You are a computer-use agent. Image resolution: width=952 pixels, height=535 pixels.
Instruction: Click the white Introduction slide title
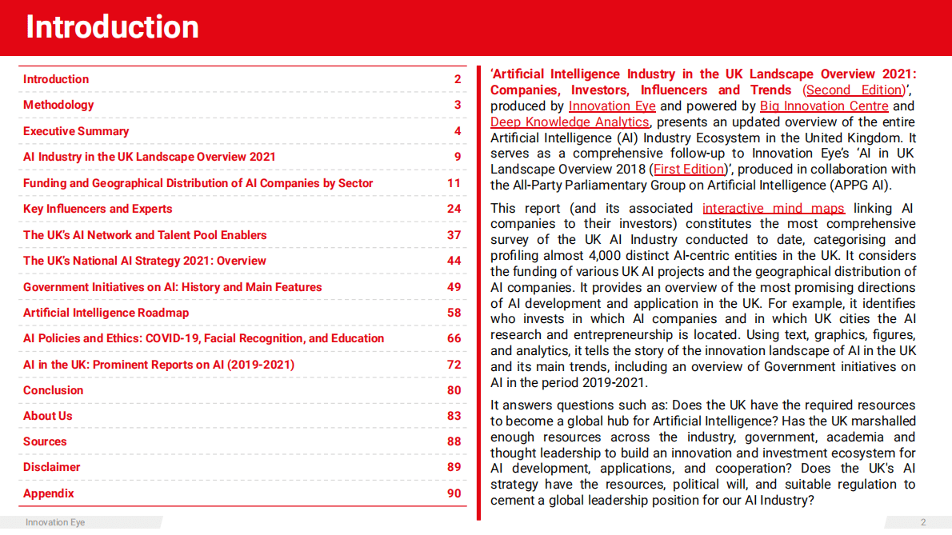(112, 27)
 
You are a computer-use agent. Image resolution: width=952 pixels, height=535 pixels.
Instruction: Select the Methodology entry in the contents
(58, 105)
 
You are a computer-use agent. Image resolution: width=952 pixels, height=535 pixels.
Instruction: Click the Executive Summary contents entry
(76, 131)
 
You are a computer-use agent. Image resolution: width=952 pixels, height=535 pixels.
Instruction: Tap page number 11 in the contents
(454, 183)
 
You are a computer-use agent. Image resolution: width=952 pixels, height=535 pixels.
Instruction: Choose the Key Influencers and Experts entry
(98, 209)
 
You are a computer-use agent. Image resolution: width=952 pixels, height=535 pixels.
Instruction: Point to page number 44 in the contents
(454, 261)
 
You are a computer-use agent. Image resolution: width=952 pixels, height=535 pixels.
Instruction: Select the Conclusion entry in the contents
(53, 390)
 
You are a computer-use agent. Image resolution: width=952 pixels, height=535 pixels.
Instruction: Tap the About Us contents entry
(48, 416)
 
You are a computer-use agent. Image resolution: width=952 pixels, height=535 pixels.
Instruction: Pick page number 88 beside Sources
(454, 441)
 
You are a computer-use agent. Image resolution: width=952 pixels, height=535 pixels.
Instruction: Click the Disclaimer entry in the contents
(52, 467)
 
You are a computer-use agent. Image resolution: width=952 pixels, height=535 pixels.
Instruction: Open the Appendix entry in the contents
(49, 493)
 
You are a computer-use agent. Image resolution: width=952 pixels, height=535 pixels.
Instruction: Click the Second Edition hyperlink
(854, 90)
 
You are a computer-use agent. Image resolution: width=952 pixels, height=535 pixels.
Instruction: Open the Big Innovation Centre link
(824, 106)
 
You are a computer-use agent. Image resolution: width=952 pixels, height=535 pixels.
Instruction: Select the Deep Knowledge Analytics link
(570, 122)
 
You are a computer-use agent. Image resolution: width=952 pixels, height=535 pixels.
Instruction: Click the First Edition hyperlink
(689, 170)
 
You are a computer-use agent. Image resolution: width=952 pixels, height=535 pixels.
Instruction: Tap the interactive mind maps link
(774, 209)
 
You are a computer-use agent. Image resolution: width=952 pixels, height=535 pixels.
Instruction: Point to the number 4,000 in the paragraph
(615, 256)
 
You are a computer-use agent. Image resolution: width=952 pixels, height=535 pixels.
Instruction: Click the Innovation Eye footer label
(55, 522)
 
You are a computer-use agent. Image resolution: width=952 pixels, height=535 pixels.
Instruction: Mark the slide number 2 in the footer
(923, 522)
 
